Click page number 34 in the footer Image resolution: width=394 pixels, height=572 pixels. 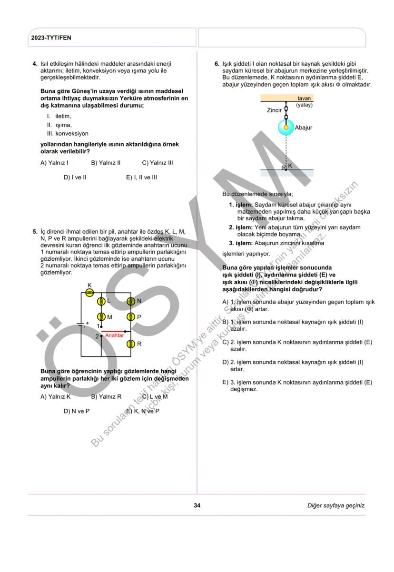tap(197, 505)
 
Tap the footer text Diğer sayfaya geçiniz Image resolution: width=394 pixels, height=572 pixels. tap(336, 505)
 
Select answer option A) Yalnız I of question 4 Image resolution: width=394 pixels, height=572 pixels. tap(54, 163)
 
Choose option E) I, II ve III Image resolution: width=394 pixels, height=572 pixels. tap(141, 178)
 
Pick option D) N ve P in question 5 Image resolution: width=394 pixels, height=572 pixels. tap(76, 411)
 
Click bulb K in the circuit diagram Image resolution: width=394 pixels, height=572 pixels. tap(89, 293)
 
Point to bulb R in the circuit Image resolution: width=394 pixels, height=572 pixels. tap(130, 344)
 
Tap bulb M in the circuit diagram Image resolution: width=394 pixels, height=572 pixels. tap(101, 317)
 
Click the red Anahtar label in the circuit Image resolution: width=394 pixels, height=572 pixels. tap(114, 335)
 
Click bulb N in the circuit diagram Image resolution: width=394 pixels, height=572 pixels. tap(130, 301)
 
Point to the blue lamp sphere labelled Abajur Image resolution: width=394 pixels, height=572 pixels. tap(286, 128)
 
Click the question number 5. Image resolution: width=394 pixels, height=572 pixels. tap(35, 232)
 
